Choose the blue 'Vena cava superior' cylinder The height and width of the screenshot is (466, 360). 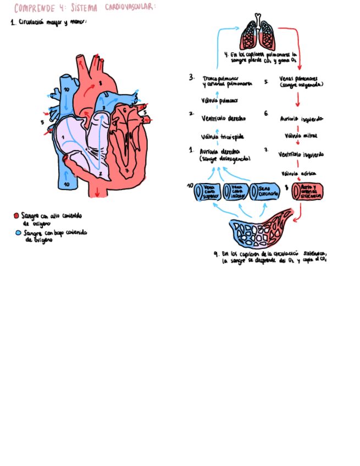tap(207, 191)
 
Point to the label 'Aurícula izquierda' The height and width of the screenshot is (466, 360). tap(301, 119)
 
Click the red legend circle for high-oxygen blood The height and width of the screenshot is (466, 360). tap(17, 216)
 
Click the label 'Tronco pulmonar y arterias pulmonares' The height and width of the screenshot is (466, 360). tap(226, 81)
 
